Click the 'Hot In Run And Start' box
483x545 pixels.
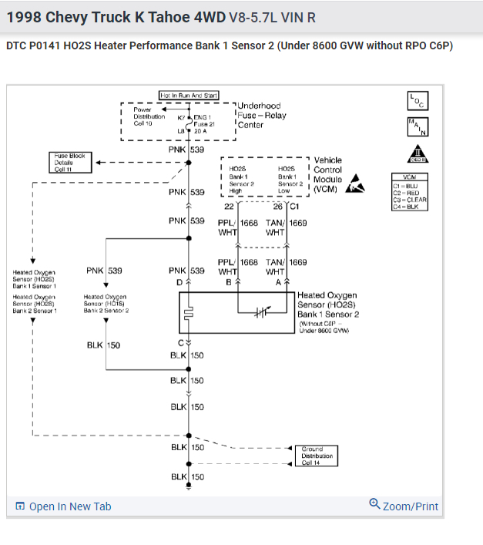pos(189,95)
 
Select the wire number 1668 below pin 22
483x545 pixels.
pos(249,223)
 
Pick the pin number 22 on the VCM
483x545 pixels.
pos(229,207)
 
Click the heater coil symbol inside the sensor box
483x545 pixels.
pos(189,313)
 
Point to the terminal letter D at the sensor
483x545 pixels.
pos(179,283)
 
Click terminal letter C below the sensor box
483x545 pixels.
pos(181,341)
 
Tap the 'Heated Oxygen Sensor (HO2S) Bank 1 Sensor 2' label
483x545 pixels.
pos(328,304)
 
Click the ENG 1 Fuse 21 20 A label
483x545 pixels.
pos(203,124)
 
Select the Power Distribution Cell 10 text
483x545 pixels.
pos(149,116)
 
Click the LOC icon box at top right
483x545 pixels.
pos(418,101)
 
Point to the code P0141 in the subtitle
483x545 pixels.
pos(49,46)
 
